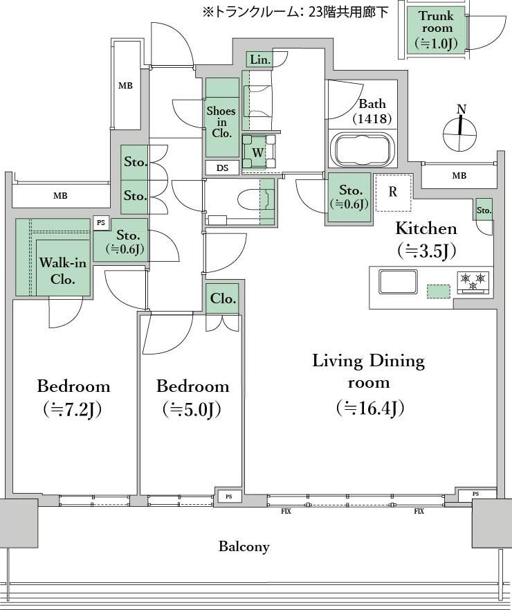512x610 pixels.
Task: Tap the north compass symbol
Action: point(460,129)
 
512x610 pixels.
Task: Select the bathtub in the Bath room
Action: point(363,150)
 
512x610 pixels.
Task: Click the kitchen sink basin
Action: point(398,282)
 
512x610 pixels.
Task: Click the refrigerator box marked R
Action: point(393,192)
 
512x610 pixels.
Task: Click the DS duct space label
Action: point(222,168)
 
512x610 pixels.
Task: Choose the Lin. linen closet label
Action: point(259,60)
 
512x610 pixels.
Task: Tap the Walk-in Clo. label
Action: point(62,270)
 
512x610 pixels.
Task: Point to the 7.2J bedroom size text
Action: point(73,409)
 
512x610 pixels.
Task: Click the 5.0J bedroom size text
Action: point(192,409)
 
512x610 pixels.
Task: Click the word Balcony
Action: point(244,546)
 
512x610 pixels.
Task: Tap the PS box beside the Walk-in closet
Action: point(101,223)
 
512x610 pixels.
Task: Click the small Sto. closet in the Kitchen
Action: point(484,210)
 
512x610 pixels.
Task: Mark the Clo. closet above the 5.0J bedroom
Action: point(223,298)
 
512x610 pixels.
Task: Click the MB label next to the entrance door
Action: point(125,86)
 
